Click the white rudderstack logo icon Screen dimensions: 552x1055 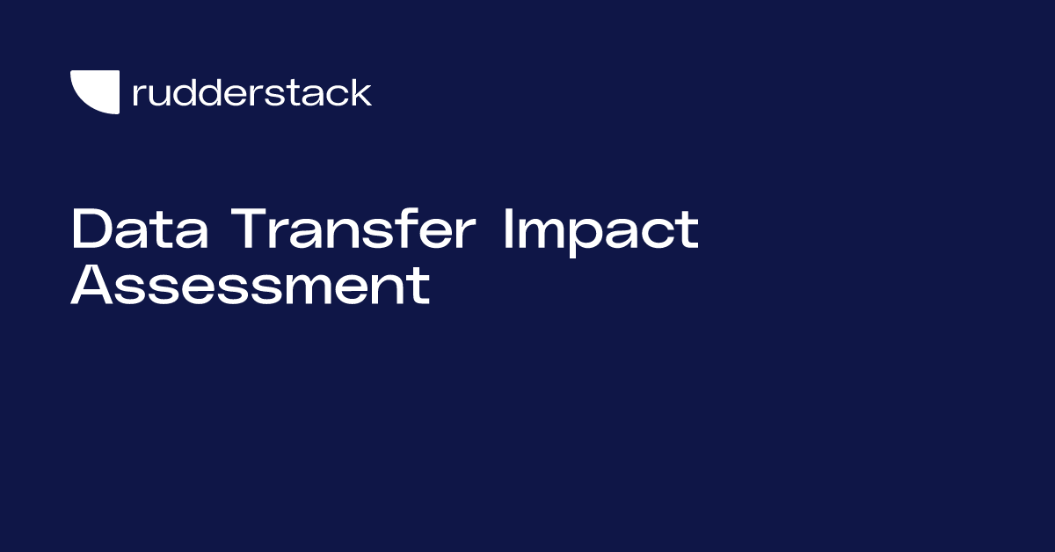(x=95, y=92)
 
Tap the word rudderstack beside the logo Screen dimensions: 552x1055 (x=251, y=92)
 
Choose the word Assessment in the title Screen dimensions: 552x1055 (x=251, y=286)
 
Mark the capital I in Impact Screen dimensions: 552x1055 (x=508, y=230)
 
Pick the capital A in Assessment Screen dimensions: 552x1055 (x=91, y=286)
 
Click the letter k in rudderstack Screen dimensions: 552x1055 (x=361, y=91)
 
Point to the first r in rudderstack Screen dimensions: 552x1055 (x=137, y=95)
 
